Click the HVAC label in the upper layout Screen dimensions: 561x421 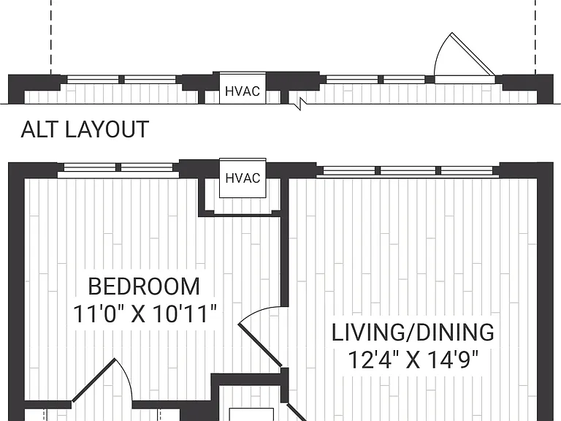point(243,91)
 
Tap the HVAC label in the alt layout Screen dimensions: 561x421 point(243,178)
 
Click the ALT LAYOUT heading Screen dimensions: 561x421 point(85,129)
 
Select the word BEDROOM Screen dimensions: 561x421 point(144,287)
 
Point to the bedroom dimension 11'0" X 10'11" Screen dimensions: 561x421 point(145,314)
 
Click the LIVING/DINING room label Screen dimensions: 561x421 point(413,333)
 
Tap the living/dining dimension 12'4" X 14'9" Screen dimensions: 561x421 point(413,360)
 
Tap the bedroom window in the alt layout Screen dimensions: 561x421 point(118,170)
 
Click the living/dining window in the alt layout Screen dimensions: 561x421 point(408,171)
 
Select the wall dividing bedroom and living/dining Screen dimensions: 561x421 point(284,243)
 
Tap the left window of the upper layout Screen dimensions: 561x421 point(122,80)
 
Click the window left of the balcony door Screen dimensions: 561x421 point(375,80)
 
